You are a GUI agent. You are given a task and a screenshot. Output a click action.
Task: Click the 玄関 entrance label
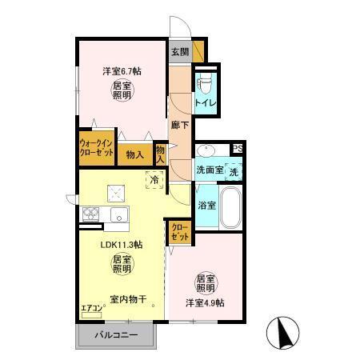179,53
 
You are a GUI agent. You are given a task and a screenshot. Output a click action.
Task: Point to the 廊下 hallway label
180,125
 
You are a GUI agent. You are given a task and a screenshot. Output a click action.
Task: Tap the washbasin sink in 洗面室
206,150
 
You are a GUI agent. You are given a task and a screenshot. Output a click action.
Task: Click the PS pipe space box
237,148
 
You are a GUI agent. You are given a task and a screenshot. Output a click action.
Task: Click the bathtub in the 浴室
231,209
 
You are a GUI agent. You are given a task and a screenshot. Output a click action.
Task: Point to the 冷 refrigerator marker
152,181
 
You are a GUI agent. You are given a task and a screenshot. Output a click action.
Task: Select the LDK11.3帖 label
121,245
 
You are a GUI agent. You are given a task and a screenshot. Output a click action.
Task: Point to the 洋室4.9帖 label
206,302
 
